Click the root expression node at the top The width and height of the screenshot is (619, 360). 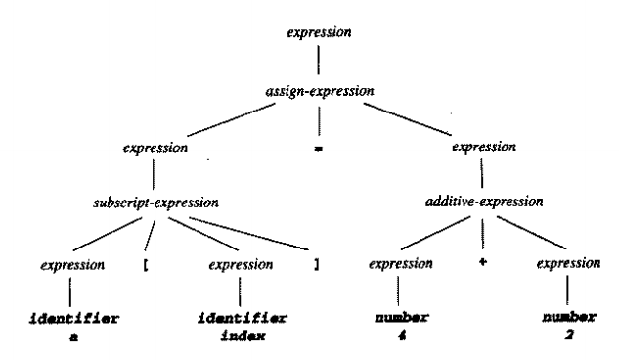[x=319, y=33]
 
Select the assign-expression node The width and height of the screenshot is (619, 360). [x=319, y=92]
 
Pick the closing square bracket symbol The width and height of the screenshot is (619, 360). [x=318, y=264]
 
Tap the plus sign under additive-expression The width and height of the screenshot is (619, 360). [x=483, y=264]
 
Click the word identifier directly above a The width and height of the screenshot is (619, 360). [x=71, y=319]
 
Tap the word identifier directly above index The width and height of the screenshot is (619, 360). [x=241, y=319]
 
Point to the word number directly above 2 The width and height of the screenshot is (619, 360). [x=568, y=319]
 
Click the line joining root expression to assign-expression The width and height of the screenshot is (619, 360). [x=319, y=63]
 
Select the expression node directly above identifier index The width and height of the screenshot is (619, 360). [x=240, y=264]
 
